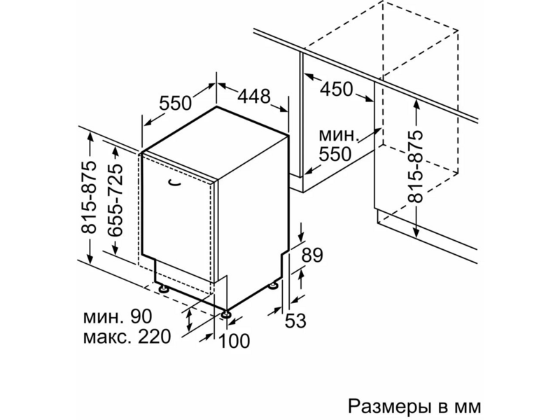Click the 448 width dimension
click(x=254, y=97)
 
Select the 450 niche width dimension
click(x=336, y=90)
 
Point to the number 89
click(x=312, y=255)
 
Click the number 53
click(x=295, y=321)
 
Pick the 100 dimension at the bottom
click(x=234, y=341)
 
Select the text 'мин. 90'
click(x=118, y=316)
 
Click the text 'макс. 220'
click(x=127, y=337)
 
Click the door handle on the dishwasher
click(x=175, y=183)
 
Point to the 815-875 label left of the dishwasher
click(x=89, y=197)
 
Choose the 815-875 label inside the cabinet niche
click(x=416, y=167)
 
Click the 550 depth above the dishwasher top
click(x=176, y=103)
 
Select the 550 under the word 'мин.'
click(x=335, y=154)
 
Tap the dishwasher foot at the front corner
click(x=225, y=314)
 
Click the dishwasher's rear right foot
click(x=274, y=286)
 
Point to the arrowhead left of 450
click(x=308, y=77)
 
